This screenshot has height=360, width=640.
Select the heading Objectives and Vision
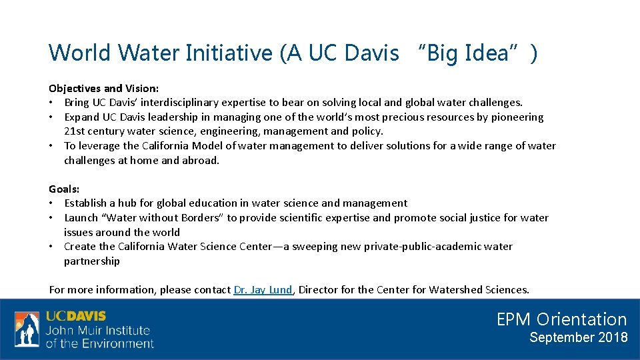(103, 88)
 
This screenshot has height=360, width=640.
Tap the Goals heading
(64, 189)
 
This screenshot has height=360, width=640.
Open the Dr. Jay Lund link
(263, 289)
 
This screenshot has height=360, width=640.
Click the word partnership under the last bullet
(92, 261)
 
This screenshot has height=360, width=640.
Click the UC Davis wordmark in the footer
(75, 317)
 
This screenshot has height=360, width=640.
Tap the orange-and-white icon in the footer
(27, 329)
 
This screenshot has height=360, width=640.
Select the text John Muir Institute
(97, 331)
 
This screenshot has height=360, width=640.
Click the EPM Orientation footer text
(561, 319)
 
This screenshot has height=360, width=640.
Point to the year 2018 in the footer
(612, 337)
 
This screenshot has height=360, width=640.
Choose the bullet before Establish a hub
(51, 203)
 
